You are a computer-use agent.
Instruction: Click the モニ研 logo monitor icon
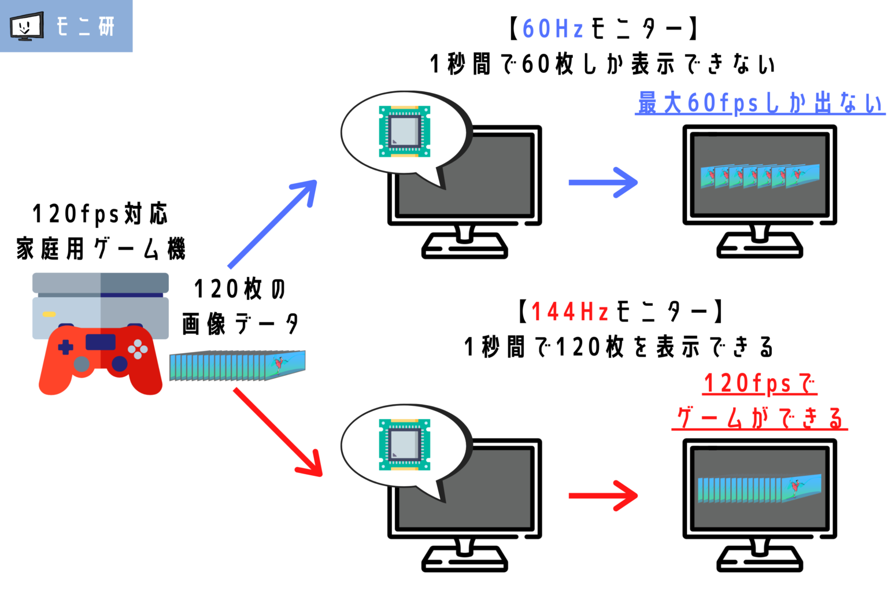click(27, 27)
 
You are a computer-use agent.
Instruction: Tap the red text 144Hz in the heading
click(569, 312)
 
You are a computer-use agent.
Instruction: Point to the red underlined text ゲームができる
click(759, 418)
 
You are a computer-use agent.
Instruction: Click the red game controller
click(101, 358)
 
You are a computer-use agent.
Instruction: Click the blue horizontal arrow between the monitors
click(602, 183)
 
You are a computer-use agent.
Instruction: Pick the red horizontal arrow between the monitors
click(602, 495)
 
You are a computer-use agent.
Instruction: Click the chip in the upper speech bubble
click(404, 131)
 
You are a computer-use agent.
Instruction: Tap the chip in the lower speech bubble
click(404, 445)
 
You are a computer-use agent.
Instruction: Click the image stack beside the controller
click(237, 366)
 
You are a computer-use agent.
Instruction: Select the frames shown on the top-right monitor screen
click(760, 176)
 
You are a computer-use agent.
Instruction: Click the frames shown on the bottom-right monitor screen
click(760, 489)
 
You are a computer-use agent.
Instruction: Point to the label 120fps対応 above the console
click(100, 214)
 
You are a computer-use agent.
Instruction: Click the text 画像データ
click(240, 324)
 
